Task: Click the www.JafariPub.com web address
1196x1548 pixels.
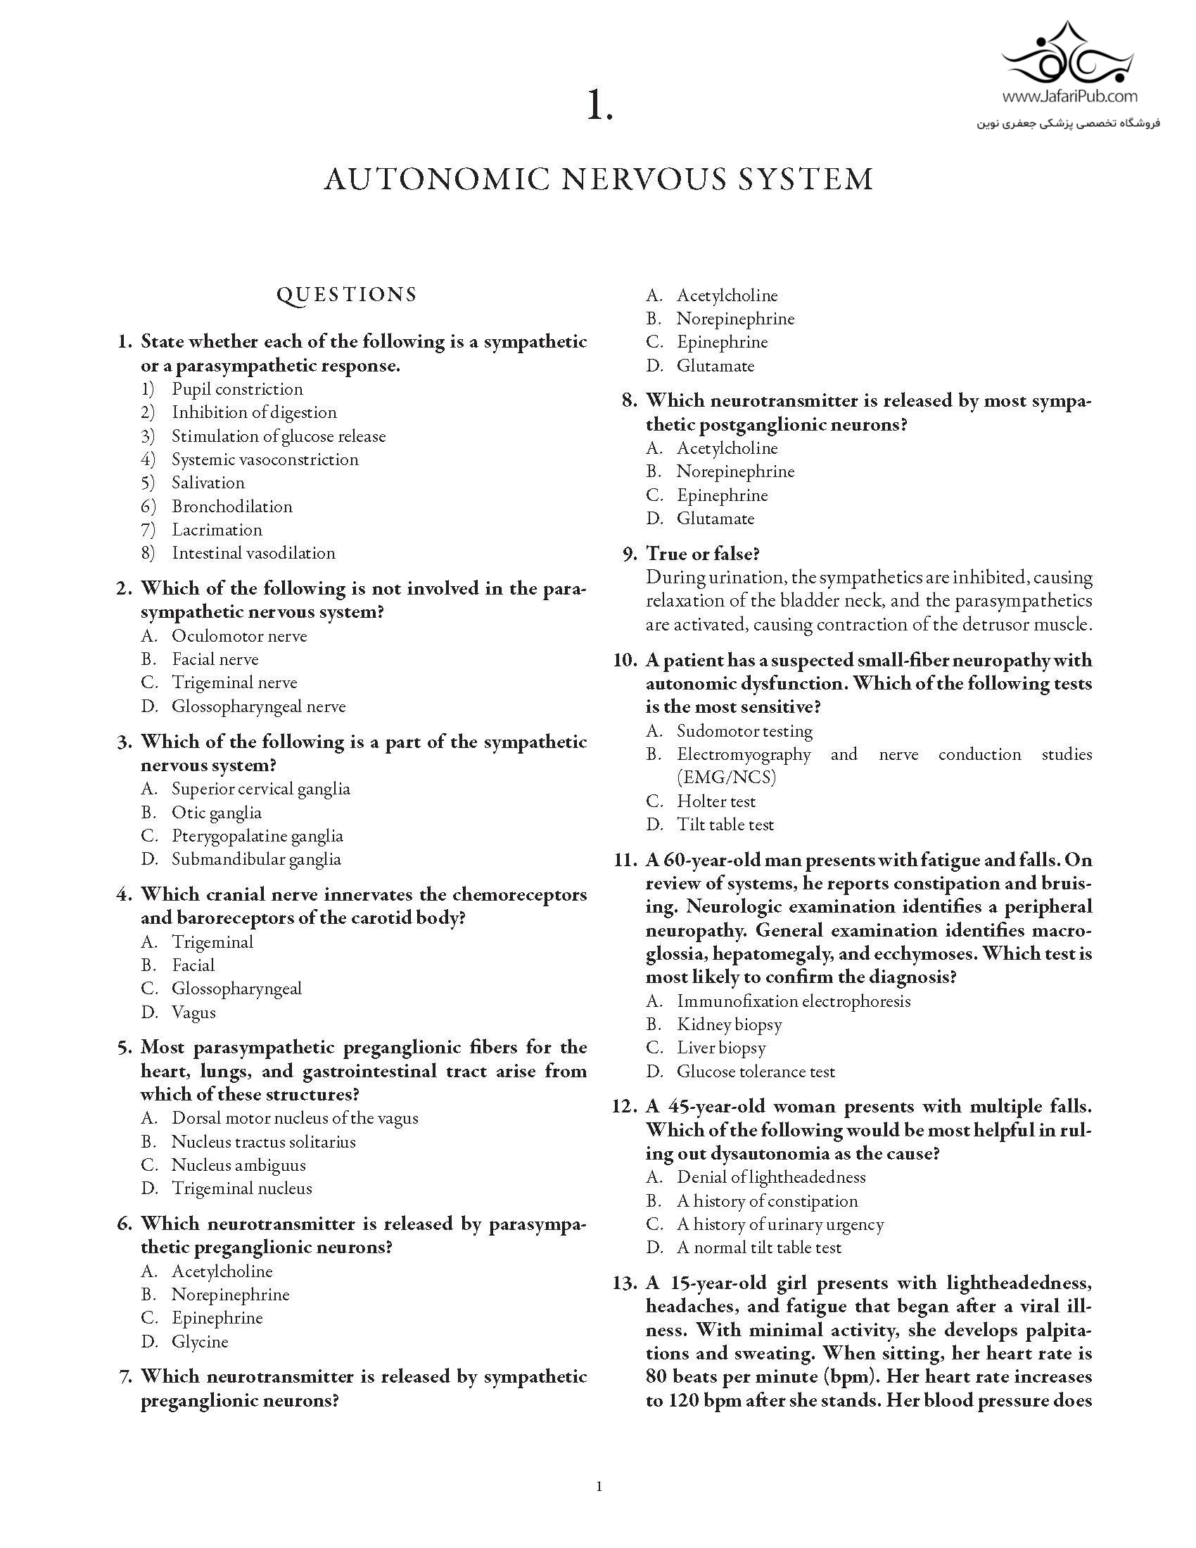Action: click(1070, 96)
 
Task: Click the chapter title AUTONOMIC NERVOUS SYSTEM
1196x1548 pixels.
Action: click(599, 179)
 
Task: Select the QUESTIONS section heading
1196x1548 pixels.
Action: click(346, 295)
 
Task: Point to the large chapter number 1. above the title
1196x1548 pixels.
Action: click(599, 107)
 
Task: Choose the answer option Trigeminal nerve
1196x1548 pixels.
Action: click(234, 683)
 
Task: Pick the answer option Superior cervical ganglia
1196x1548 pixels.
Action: click(261, 789)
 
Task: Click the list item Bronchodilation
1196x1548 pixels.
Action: click(231, 506)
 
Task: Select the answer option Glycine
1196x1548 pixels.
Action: click(200, 1341)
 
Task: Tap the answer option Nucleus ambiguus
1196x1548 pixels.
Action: click(238, 1165)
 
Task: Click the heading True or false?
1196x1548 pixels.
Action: click(702, 554)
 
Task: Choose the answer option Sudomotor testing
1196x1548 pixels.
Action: click(744, 731)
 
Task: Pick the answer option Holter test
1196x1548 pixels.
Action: click(715, 801)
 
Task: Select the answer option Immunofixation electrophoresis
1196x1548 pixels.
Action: click(793, 1001)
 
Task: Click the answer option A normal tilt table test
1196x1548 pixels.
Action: click(758, 1247)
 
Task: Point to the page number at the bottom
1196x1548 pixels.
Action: click(599, 1486)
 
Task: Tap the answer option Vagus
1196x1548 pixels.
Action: click(193, 1012)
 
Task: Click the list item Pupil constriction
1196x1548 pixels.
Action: click(236, 389)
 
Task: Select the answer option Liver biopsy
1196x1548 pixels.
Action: click(720, 1048)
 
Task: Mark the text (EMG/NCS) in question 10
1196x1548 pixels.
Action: click(726, 778)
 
